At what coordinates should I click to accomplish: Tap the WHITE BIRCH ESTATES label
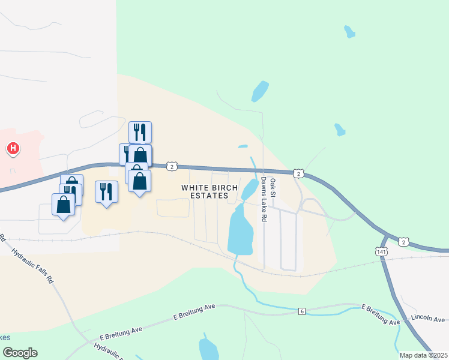point(205,191)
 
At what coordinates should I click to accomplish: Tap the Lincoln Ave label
point(428,317)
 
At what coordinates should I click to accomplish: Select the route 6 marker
point(301,311)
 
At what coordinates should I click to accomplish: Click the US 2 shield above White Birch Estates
point(172,166)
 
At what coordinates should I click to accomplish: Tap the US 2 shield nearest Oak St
point(298,173)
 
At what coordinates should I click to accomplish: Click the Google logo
point(20,352)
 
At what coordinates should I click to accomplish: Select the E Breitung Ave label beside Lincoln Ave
point(381,314)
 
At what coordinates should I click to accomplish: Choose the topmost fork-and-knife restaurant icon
point(140,132)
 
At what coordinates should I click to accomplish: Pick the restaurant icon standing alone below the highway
point(106,191)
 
